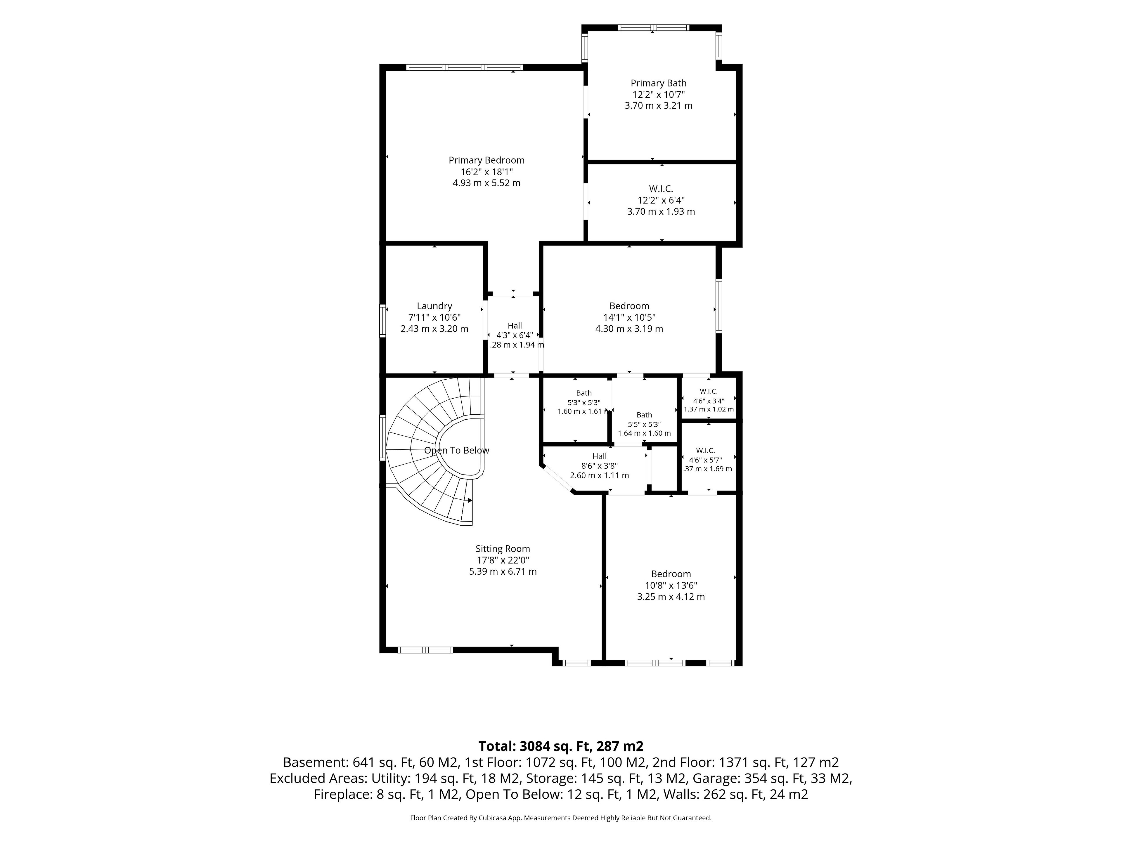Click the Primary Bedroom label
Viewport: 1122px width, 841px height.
pyautogui.click(x=486, y=160)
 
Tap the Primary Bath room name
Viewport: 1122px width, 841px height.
pyautogui.click(x=658, y=83)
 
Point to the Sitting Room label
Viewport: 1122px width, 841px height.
pyautogui.click(x=503, y=548)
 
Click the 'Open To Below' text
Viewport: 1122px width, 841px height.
pyautogui.click(x=456, y=450)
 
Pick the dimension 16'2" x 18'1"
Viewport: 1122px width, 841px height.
pyautogui.click(x=486, y=172)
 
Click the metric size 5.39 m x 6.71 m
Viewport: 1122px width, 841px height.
pyautogui.click(x=503, y=571)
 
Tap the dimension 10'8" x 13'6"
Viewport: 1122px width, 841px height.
pyautogui.click(x=671, y=585)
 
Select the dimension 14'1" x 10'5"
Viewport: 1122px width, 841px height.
pyautogui.click(x=629, y=317)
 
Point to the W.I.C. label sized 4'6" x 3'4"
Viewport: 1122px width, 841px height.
pyautogui.click(x=709, y=391)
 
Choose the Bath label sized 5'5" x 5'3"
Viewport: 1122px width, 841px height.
pyautogui.click(x=644, y=415)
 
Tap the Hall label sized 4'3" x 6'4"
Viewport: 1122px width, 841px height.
pyautogui.click(x=515, y=326)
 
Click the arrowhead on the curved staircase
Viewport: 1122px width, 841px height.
pyautogui.click(x=470, y=500)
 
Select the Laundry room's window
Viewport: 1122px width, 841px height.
pyautogui.click(x=383, y=320)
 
